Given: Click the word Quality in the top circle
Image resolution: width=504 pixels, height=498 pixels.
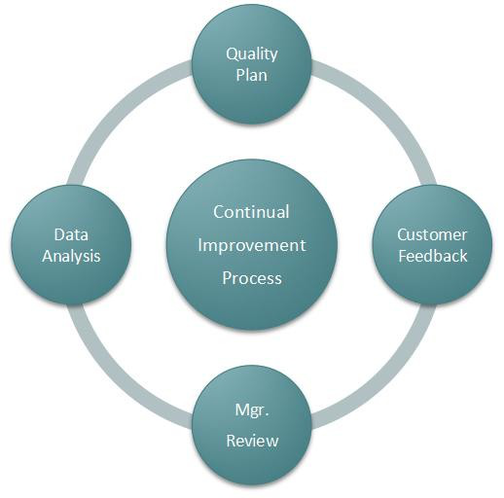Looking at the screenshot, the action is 252,54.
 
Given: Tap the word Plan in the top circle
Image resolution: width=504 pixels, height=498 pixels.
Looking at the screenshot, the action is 252,75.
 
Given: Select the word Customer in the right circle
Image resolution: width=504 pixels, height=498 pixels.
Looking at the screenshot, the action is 432,234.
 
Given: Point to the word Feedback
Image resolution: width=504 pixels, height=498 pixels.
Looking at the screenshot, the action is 433,256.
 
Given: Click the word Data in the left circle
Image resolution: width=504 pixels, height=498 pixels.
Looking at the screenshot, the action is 71,234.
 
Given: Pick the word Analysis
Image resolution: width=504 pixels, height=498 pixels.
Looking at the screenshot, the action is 71,257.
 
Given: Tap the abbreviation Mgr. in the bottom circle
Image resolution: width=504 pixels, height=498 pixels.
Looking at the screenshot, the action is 252,411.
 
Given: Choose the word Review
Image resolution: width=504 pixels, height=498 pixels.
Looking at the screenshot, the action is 252,441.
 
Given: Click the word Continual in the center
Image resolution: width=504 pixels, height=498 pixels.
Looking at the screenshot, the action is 251,212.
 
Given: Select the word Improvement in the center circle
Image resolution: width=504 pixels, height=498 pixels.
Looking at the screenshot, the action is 252,246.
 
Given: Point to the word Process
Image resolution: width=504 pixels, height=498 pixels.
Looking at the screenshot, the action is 252,278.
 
